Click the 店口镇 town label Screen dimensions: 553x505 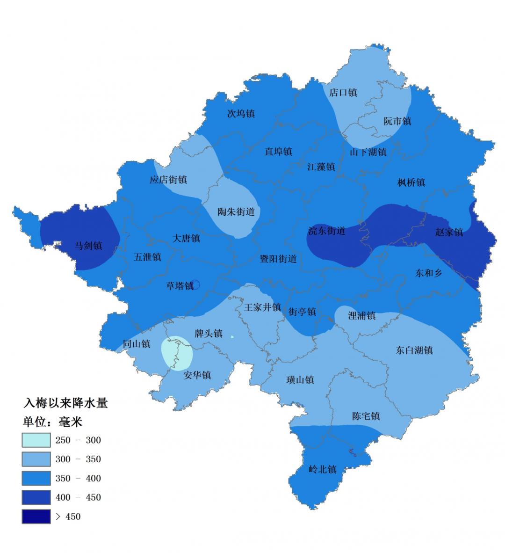(343, 93)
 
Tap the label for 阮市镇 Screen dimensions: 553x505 (397, 121)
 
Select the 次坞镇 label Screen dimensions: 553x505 (241, 114)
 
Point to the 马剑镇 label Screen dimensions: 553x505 (88, 245)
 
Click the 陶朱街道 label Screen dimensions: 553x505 (236, 212)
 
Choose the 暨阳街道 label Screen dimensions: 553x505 (278, 259)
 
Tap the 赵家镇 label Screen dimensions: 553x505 (449, 232)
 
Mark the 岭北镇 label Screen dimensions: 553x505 (322, 469)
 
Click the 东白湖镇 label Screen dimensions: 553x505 (414, 350)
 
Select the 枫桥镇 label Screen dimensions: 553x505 (411, 182)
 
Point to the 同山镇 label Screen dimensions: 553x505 (137, 344)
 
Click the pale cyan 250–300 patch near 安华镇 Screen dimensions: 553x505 (177, 352)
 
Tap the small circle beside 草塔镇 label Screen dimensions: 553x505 (195, 284)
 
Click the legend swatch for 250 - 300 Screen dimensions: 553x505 (36, 440)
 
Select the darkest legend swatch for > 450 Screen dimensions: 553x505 (36, 517)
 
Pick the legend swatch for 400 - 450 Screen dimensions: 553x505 (36, 497)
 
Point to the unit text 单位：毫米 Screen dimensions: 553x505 (52, 422)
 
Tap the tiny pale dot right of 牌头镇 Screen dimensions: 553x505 (232, 336)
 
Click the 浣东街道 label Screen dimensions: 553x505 (327, 231)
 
